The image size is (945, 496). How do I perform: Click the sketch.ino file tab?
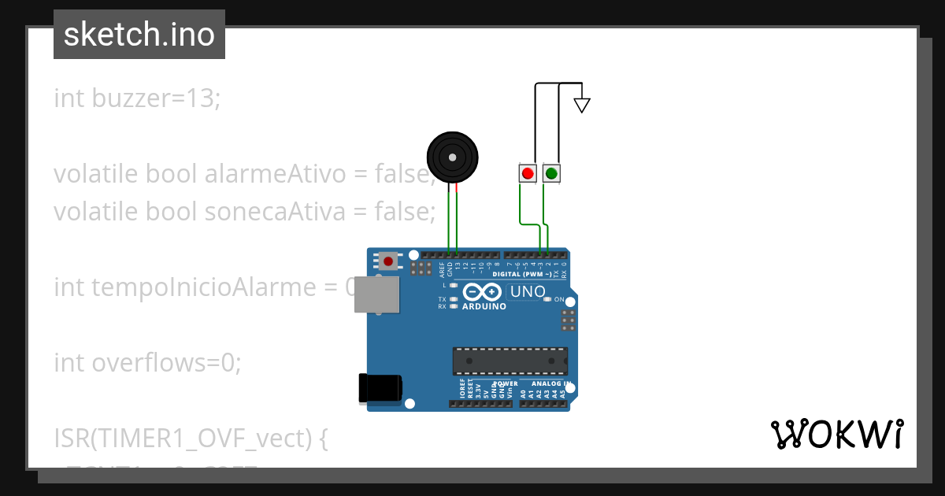tap(139, 35)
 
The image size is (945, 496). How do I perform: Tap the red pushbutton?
tap(528, 173)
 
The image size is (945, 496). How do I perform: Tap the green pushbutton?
tap(551, 173)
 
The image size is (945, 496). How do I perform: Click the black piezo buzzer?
tap(452, 158)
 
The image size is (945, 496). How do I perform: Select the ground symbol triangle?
tap(582, 104)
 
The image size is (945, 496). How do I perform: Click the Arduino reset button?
tap(388, 260)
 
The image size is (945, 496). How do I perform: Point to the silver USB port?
tap(376, 295)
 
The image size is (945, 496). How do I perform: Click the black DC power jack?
tap(380, 387)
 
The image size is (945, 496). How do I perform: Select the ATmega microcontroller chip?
tap(510, 361)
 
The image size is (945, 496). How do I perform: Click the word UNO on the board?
tap(528, 292)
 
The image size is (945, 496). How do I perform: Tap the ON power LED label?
tap(560, 300)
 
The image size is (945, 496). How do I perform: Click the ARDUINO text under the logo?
tap(484, 306)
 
